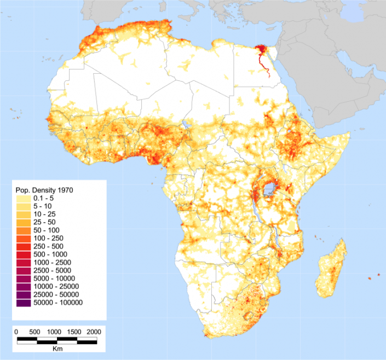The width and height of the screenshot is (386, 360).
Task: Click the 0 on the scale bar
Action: coord(16,332)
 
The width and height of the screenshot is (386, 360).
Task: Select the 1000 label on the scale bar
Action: coord(54,332)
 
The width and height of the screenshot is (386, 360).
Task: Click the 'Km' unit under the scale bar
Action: coord(57,349)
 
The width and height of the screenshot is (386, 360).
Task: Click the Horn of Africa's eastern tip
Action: coord(349,135)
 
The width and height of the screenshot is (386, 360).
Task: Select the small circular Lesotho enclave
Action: coord(250,316)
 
